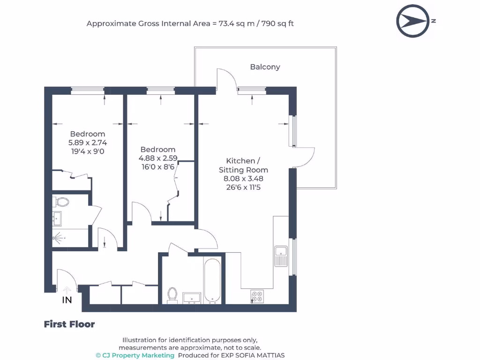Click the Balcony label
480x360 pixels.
tap(265, 67)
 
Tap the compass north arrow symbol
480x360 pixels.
tap(412, 21)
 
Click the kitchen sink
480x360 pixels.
tap(281, 256)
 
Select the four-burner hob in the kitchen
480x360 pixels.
tap(257, 296)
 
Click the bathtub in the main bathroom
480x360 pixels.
tap(212, 281)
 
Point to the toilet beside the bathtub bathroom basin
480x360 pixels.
tap(172, 295)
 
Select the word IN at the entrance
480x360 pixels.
tap(67, 300)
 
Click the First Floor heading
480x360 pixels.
tap(69, 324)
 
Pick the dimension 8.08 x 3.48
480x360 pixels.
tap(243, 179)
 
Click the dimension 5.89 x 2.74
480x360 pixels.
tap(88, 142)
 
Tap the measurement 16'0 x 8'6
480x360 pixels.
tap(158, 167)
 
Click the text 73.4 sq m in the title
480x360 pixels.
tap(236, 23)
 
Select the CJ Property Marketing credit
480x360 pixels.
tap(135, 355)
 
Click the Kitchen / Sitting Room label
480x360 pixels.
tap(243, 165)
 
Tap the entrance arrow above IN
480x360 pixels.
tap(67, 290)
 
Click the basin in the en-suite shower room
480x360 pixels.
tap(57, 218)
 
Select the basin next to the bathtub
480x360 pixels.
tap(192, 298)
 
